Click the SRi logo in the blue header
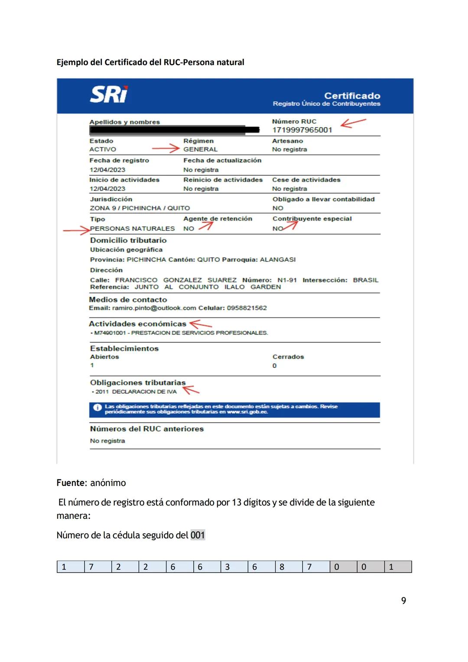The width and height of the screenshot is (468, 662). [x=109, y=95]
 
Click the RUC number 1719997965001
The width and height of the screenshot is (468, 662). [x=302, y=130]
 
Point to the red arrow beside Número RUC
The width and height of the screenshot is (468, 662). [x=353, y=123]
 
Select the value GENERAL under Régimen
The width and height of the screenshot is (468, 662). [x=200, y=149]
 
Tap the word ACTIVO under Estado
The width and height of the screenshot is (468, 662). [x=103, y=149]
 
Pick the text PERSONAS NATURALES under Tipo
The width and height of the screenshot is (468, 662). [x=133, y=229]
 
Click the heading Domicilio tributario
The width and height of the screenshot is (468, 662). [x=128, y=240]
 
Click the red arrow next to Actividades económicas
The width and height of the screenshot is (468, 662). [x=201, y=324]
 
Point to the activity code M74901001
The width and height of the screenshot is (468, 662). [x=110, y=333]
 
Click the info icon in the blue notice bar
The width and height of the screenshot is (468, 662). [x=97, y=407]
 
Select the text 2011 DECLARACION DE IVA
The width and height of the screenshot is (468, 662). [x=136, y=392]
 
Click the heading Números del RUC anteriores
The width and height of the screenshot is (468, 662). [x=146, y=429]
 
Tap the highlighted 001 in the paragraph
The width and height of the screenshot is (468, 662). [x=198, y=535]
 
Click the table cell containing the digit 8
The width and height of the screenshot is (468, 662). [x=288, y=567]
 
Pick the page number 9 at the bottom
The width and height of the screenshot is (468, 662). [x=403, y=600]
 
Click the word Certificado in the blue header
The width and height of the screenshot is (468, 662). [x=352, y=96]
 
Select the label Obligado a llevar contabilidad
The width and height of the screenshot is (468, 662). [x=323, y=199]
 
